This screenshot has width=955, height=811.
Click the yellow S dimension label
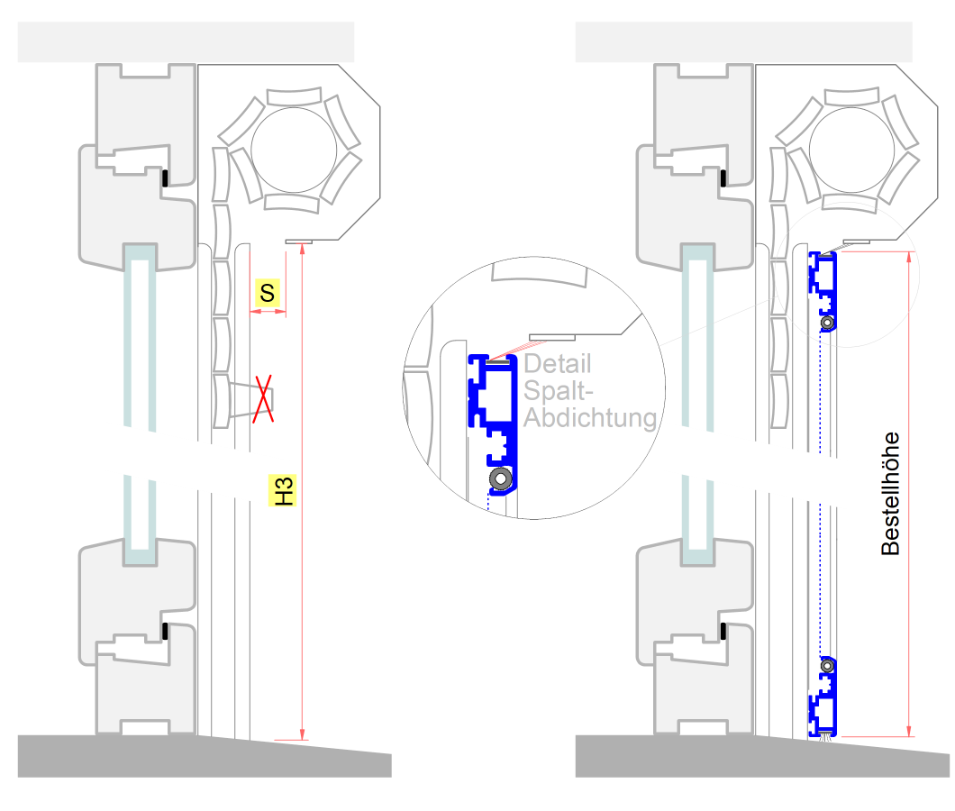268,293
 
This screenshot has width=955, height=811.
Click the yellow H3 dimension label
283,490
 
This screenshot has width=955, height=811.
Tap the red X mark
263,399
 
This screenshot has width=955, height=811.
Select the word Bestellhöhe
890,494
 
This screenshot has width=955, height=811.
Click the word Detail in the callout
558,364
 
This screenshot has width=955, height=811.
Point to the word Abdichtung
590,418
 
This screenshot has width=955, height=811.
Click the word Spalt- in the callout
558,390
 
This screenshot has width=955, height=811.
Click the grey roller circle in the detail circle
501,478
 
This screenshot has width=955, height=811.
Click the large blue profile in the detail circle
493,424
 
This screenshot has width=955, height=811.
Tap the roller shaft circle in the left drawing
294,150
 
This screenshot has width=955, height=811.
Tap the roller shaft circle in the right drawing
851,150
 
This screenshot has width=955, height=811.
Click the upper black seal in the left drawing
165,178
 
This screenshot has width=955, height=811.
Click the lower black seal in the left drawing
165,632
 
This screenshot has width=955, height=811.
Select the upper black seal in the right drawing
723,178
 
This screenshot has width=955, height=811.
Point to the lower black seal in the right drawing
723,632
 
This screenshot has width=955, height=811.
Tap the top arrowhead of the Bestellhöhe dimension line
909,258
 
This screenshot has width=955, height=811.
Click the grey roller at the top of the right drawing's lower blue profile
827,666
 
